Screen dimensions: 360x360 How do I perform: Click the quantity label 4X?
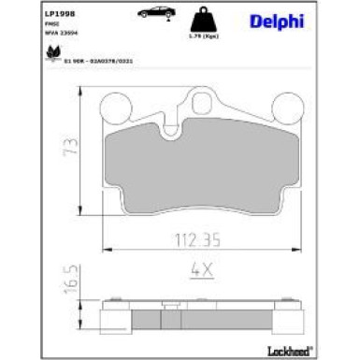[x=202, y=270]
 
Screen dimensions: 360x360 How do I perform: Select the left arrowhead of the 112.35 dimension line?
[x=105, y=249]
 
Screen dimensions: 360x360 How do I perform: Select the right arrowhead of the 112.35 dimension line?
[x=305, y=249]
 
